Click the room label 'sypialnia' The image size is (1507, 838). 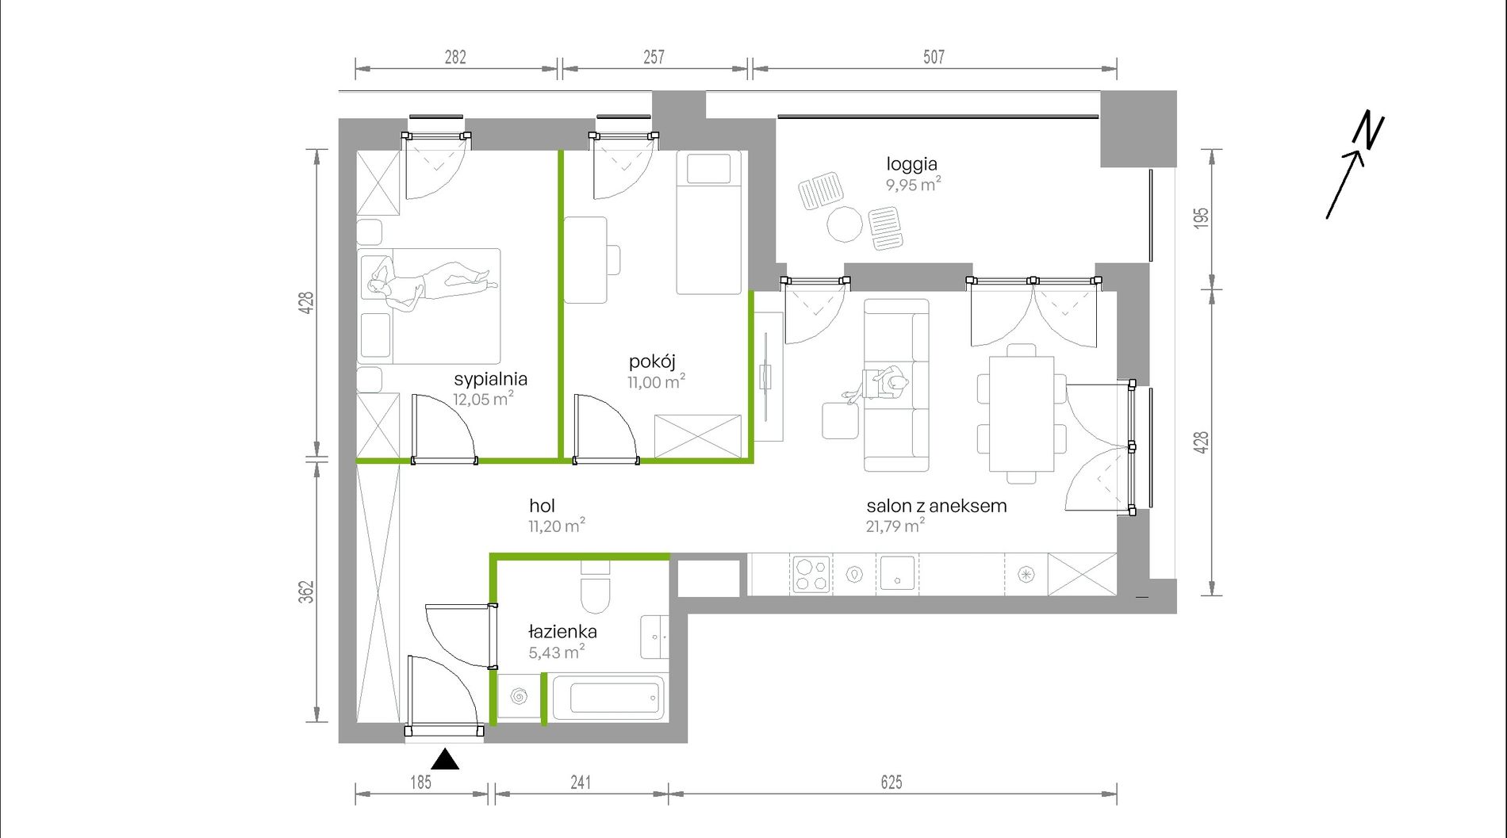pos(490,379)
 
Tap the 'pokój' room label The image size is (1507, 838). pos(652,362)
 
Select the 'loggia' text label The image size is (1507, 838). pos(912,165)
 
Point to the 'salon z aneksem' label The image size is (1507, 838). pos(937,506)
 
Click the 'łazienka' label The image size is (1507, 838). pos(562,632)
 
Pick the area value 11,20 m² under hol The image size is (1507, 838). pos(557,526)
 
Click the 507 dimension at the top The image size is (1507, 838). pos(934,57)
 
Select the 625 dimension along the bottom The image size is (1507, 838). pos(892,783)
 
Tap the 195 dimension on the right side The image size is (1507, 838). pos(1201,218)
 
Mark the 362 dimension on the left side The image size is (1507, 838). pos(306,591)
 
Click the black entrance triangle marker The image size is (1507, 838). pos(445,760)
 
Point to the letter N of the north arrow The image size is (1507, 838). pos(1368,130)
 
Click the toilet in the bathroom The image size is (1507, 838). pos(596,587)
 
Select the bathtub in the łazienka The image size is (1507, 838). pos(608,698)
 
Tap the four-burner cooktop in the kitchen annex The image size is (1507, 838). pos(811,574)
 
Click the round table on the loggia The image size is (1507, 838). pos(845,224)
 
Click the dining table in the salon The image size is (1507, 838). pos(1022,414)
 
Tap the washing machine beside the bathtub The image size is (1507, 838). pos(520,697)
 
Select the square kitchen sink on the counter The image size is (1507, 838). pos(898,572)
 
